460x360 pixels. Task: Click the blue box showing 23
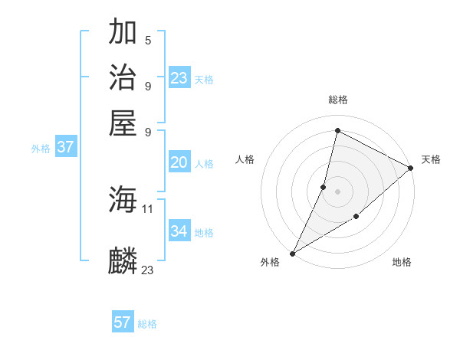coord(179,78)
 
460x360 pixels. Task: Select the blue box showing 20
coord(179,162)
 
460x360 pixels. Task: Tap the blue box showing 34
coord(179,231)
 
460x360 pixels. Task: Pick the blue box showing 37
coord(65,147)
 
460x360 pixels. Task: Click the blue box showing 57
coord(123,322)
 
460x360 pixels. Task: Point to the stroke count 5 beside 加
coord(148,40)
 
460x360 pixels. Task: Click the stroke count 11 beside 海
coord(148,208)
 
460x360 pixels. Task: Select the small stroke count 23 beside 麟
coord(148,270)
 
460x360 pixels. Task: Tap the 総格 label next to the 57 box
coord(147,324)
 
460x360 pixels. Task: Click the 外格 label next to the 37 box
coord(41,149)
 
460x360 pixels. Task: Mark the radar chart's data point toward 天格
coord(411,169)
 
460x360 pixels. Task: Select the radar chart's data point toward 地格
coord(356,217)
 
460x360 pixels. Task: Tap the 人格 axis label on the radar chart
coord(245,159)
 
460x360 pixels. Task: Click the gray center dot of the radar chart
coord(337,191)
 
